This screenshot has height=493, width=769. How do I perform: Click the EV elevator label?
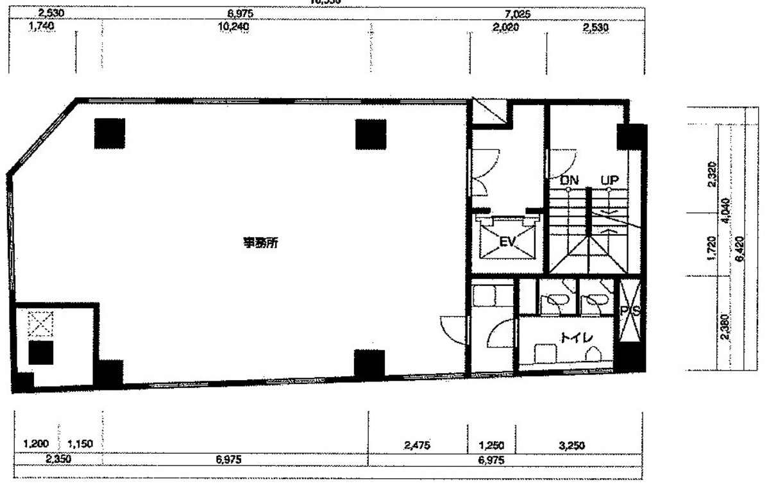pyautogui.click(x=508, y=242)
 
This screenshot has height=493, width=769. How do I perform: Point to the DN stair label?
pyautogui.click(x=569, y=181)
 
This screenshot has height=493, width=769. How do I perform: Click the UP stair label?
pyautogui.click(x=609, y=181)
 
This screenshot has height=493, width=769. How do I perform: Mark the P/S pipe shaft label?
pyautogui.click(x=629, y=312)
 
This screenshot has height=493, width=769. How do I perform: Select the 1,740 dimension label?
pyautogui.click(x=42, y=27)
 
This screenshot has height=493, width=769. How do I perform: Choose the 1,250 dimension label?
pyautogui.click(x=491, y=444)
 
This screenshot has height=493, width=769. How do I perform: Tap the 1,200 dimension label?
pyautogui.click(x=35, y=444)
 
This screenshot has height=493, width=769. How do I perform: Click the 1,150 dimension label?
pyautogui.click(x=81, y=444)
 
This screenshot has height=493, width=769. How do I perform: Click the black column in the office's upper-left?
pyautogui.click(x=110, y=133)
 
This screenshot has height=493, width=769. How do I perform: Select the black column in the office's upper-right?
pyautogui.click(x=371, y=134)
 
